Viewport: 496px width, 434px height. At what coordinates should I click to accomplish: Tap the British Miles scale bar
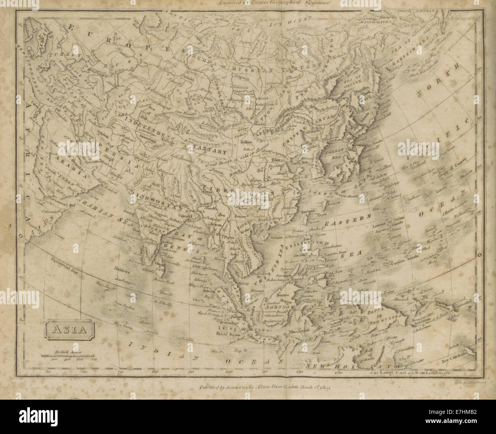67,357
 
